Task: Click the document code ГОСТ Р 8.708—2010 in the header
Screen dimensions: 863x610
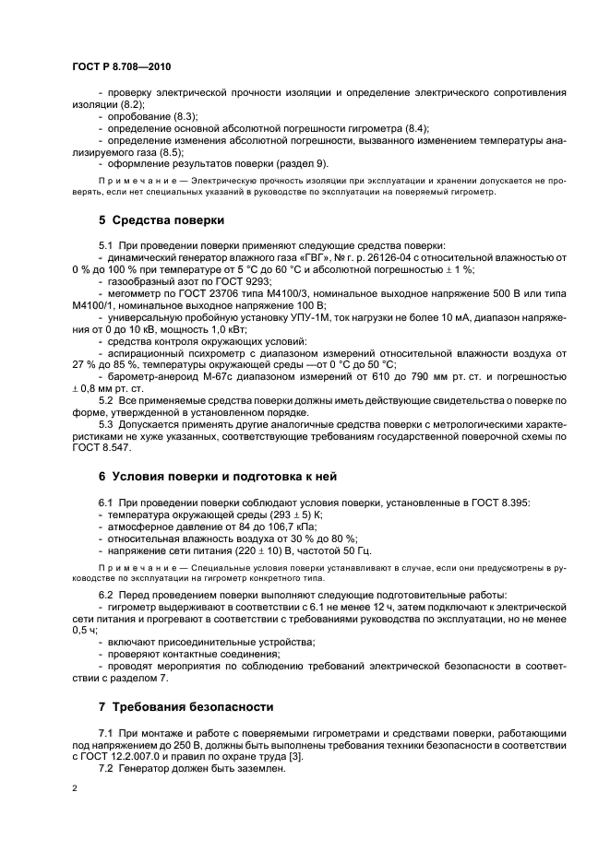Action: [x=121, y=67]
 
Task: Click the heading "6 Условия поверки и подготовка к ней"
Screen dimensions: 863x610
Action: [x=217, y=476]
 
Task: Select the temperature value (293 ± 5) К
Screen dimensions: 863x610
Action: [x=287, y=513]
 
